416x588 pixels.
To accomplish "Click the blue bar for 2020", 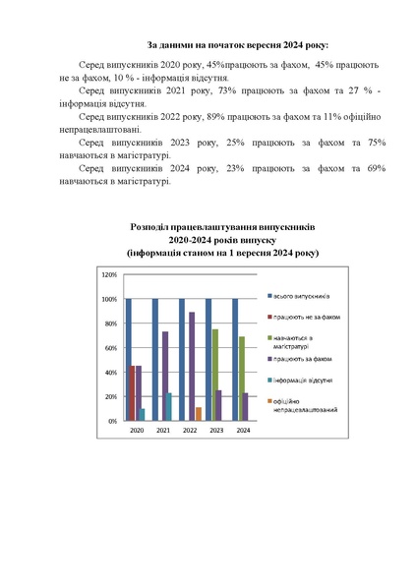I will [x=129, y=359].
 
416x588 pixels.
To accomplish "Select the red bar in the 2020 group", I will [x=134, y=392].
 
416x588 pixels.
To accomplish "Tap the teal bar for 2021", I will [x=169, y=406].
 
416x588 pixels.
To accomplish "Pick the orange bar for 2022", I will [x=198, y=414].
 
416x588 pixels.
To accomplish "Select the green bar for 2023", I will [x=215, y=375].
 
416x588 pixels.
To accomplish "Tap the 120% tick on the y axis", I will [x=110, y=273].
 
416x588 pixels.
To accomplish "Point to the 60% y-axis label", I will [x=111, y=347].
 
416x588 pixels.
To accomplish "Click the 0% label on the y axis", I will [x=113, y=421].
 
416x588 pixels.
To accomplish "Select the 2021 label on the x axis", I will [x=162, y=431].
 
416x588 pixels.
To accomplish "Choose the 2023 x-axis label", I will [x=215, y=431].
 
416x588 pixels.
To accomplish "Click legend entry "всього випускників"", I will [x=302, y=296].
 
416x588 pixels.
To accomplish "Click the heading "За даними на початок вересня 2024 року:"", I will [x=238, y=45].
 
